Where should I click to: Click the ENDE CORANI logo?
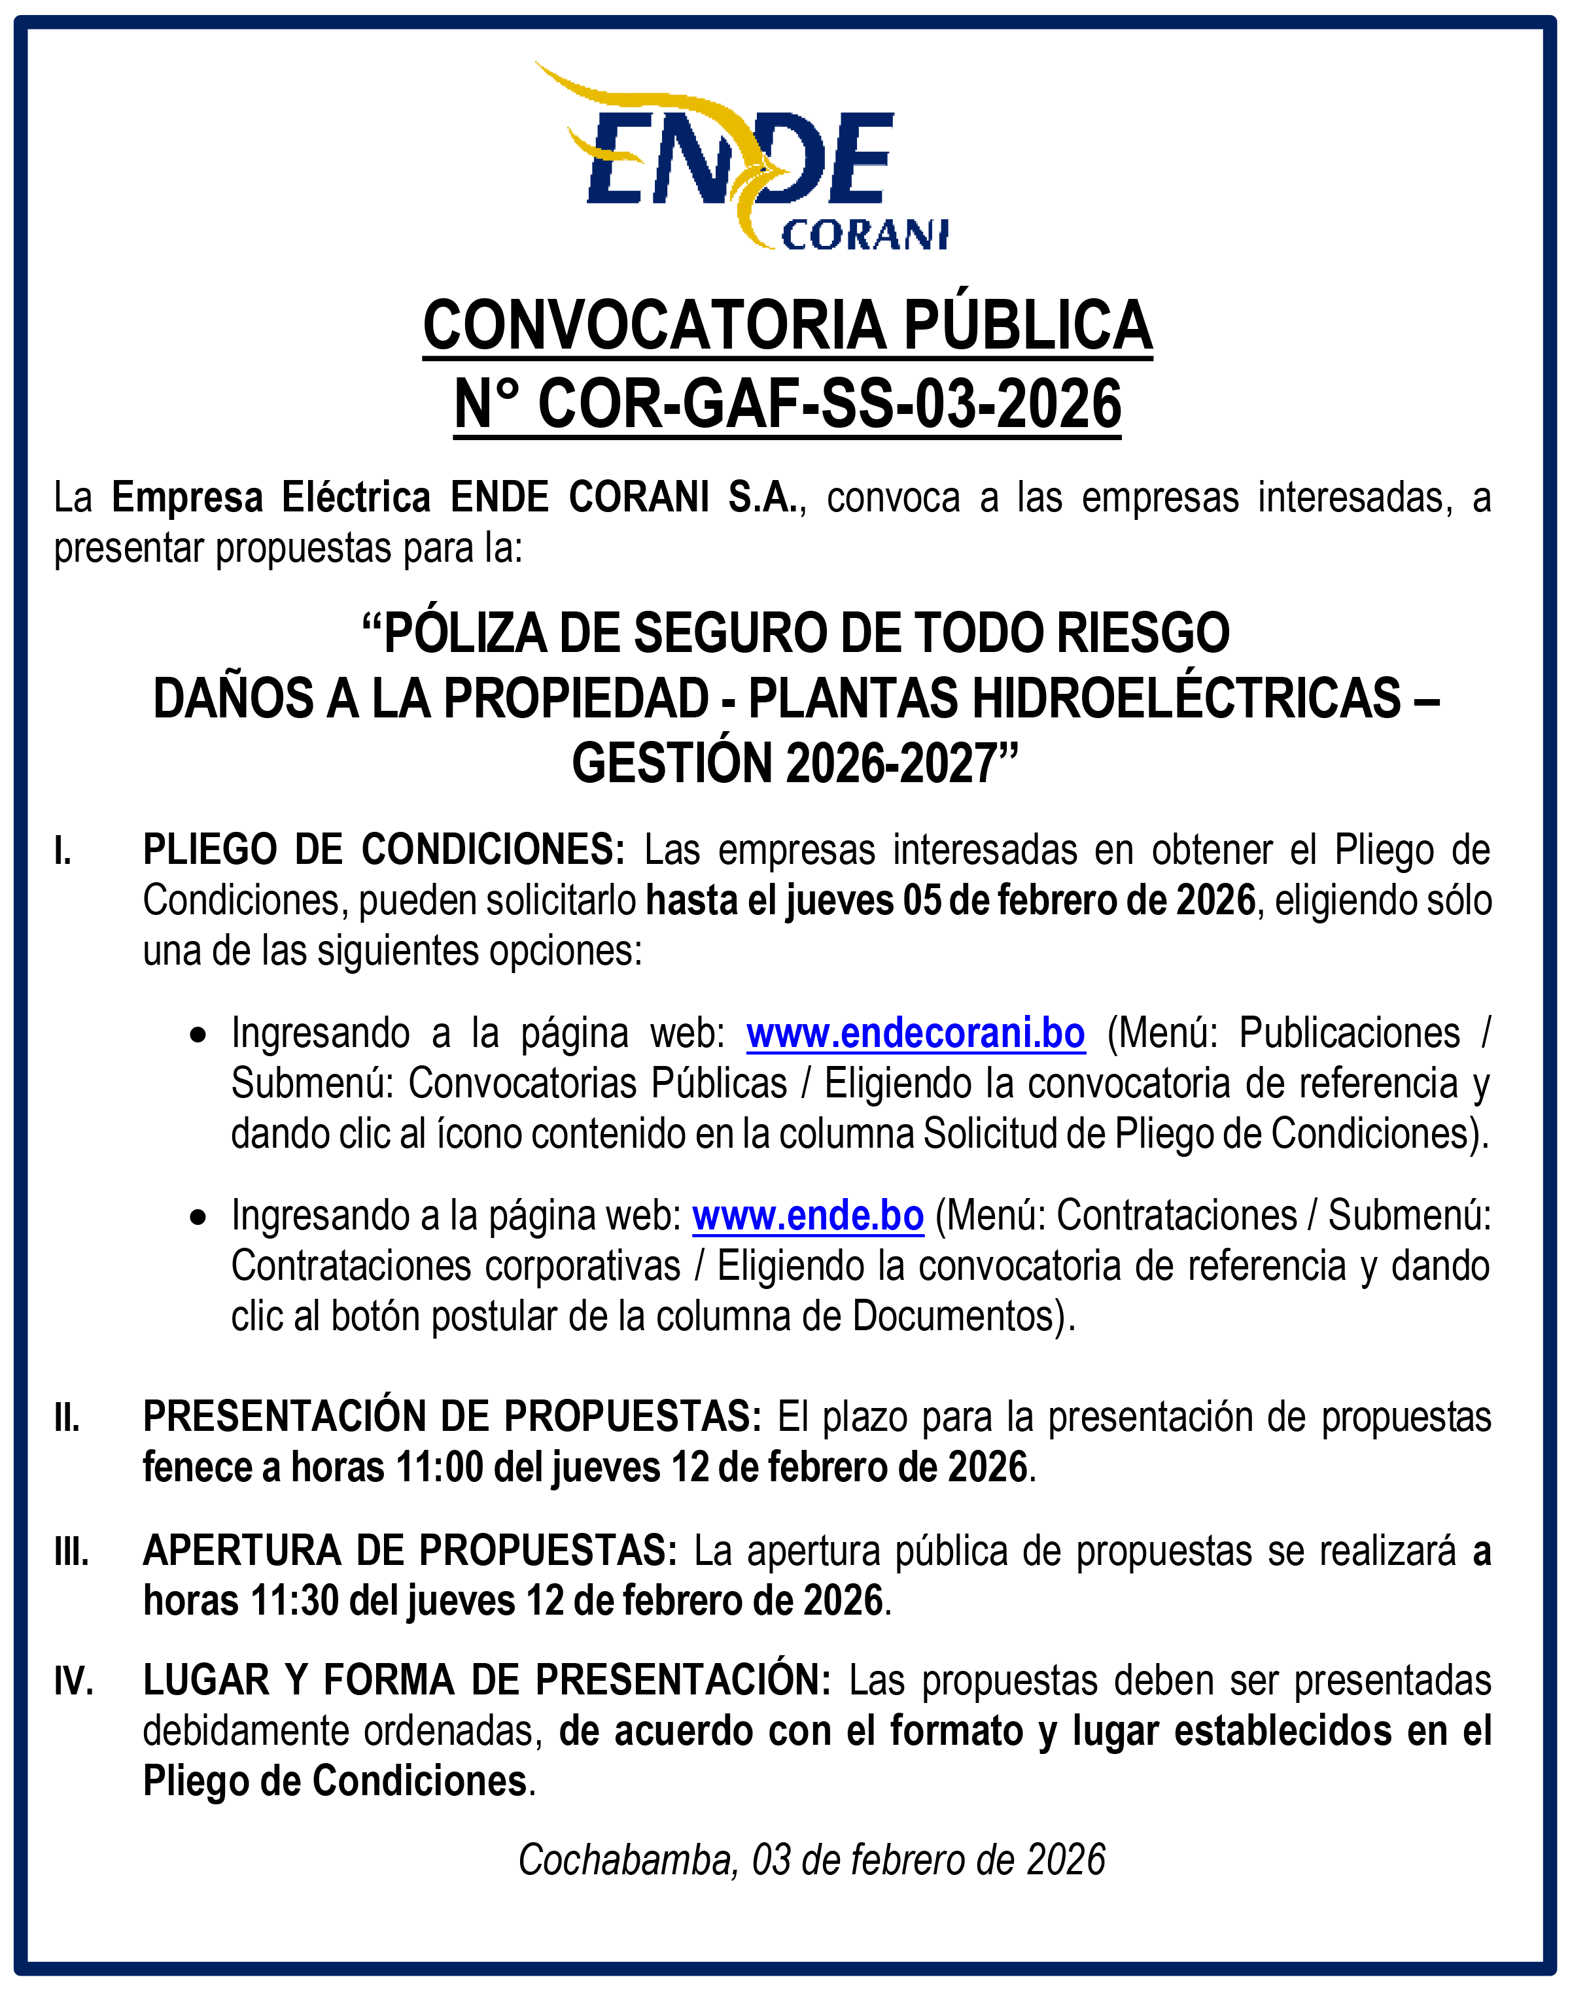point(741,156)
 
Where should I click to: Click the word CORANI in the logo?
point(864,235)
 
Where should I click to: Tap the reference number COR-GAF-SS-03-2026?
point(829,404)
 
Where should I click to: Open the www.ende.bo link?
point(807,1216)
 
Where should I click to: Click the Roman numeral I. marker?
point(63,851)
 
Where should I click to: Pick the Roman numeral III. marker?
point(71,1552)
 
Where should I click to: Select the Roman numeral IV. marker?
point(73,1681)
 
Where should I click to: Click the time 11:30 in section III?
point(294,1600)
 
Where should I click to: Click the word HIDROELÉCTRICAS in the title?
point(1187,698)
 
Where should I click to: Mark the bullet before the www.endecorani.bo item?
point(198,1035)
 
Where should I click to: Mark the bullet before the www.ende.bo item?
point(198,1218)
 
